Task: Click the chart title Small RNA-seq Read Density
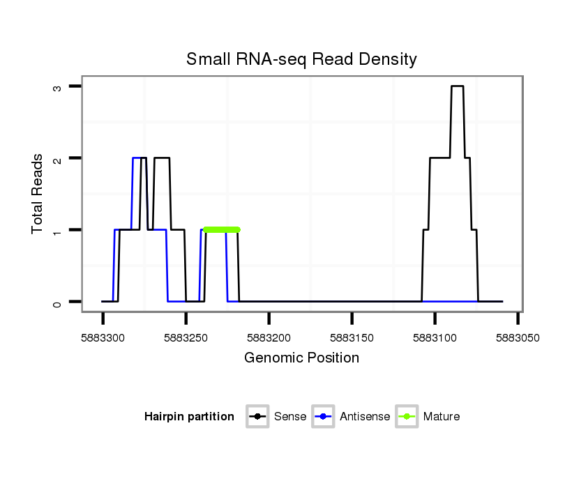coord(301,60)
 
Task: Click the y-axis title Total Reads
coord(38,194)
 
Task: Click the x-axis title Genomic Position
coord(301,358)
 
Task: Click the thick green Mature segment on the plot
coord(222,229)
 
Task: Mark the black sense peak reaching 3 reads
coord(457,86)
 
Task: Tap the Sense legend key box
coord(257,417)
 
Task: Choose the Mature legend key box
coord(407,417)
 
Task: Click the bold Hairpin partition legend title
coord(189,417)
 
